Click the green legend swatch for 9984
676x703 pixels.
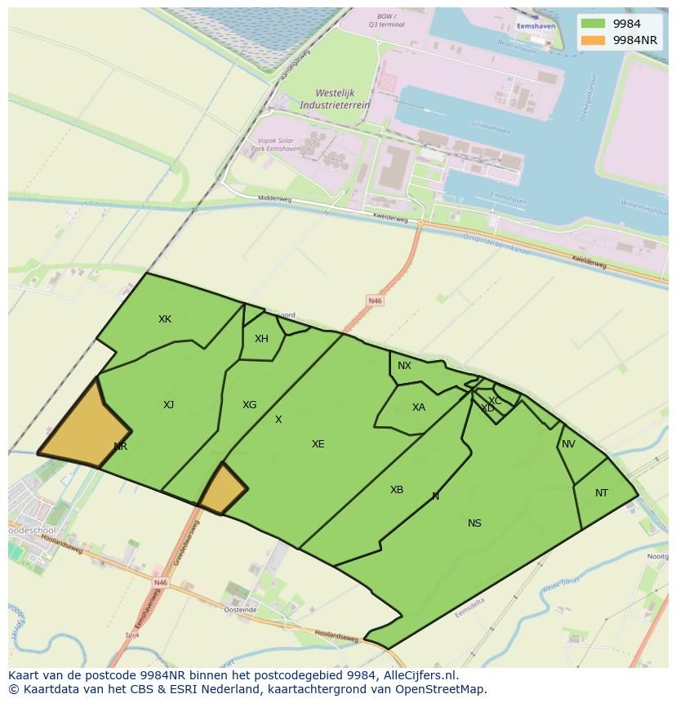tap(594, 24)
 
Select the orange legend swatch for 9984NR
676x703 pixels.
tap(594, 39)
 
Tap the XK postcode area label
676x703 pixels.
tap(165, 319)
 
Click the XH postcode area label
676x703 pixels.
tap(261, 339)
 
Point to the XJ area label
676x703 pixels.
tap(168, 405)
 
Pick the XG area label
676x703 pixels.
tap(249, 405)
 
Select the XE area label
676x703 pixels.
tap(318, 444)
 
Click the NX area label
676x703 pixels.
tap(404, 366)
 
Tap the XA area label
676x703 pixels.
tap(419, 407)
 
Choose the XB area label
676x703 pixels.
tap(397, 490)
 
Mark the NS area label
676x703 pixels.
tap(474, 523)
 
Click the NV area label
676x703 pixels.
tap(568, 444)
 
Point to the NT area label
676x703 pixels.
tap(602, 493)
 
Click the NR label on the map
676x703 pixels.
tap(121, 447)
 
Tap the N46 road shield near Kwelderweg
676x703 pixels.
tap(375, 300)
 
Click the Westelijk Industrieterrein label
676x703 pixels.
tap(335, 99)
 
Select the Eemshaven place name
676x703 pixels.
tap(536, 26)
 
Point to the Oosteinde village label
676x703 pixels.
tap(241, 610)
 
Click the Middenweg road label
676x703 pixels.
tap(274, 198)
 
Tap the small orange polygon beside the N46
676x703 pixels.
tap(222, 491)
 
